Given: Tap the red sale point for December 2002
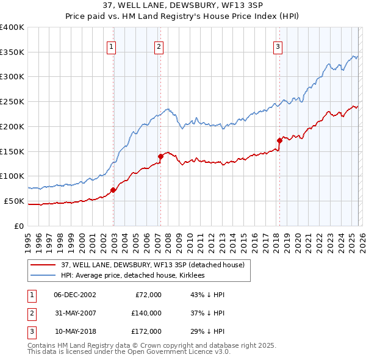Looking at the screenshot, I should point(113,190).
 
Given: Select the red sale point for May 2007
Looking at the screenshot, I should point(160,156).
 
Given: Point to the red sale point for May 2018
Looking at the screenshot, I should point(279,140).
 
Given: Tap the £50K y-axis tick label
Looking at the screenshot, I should point(14,201).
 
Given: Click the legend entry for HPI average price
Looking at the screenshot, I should point(132,276).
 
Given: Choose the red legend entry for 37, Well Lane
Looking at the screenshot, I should point(152,265).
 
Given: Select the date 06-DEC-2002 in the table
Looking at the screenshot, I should point(74,295).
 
